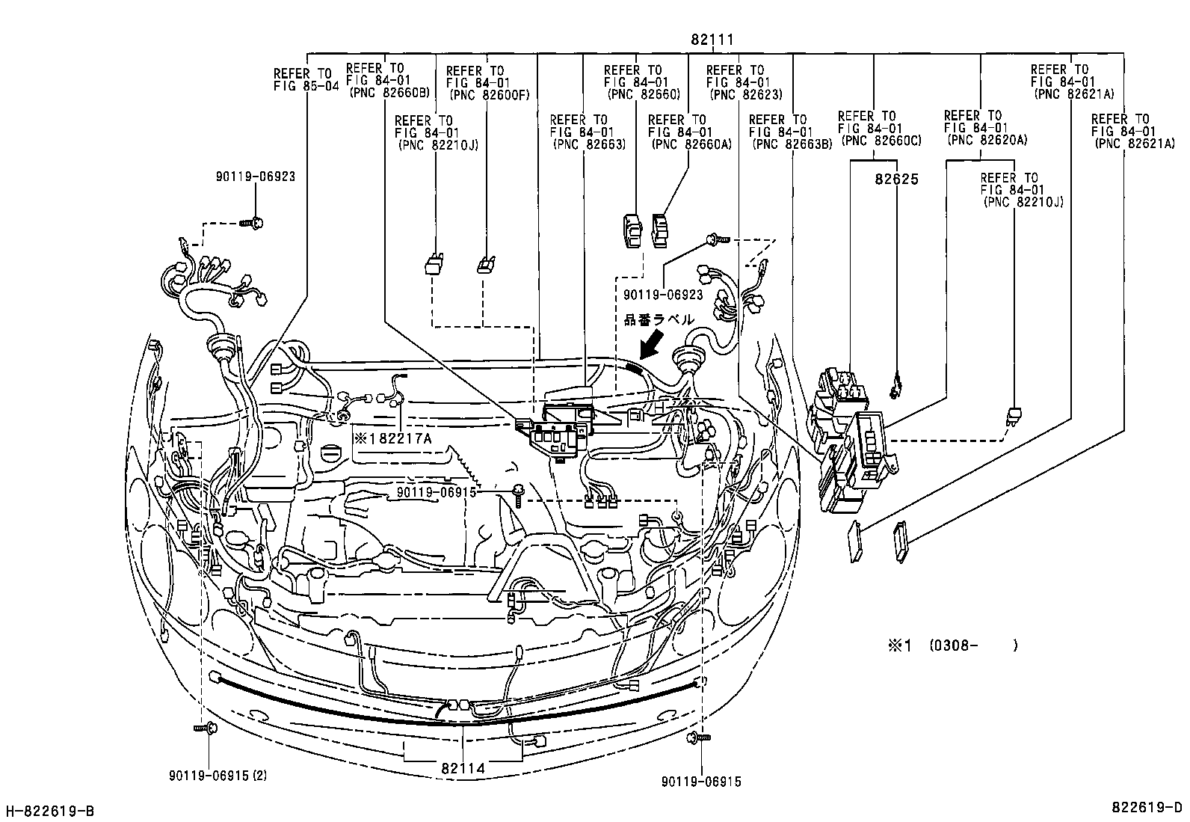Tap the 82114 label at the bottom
point(463,768)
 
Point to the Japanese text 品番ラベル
point(659,319)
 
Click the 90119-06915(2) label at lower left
point(218,776)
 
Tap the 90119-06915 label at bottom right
point(701,782)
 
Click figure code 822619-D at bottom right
point(1147,808)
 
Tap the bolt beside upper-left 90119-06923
point(256,222)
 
